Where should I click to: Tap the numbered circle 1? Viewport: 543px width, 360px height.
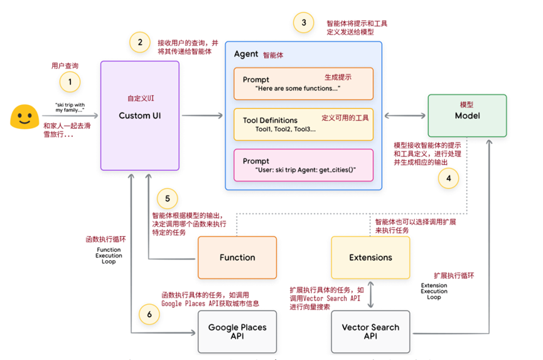coord(70,82)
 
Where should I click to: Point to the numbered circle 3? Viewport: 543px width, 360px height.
coord(304,23)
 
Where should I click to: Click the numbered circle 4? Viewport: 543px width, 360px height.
coord(448,178)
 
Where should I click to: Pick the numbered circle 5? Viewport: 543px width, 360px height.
coord(167,199)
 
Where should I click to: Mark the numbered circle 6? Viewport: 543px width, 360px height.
coord(148,314)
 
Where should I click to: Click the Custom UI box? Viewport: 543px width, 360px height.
coord(140,116)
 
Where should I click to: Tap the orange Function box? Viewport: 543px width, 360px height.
coord(237,257)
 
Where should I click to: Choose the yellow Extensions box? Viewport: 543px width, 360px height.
coord(370,257)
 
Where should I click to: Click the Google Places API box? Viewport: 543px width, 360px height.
coord(237,331)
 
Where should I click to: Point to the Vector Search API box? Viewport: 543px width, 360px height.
coord(370,331)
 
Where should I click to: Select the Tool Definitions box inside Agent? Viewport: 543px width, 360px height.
coord(303,124)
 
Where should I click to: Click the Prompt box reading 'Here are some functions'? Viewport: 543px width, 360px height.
coord(303,84)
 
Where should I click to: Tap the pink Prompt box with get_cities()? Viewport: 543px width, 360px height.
coord(303,165)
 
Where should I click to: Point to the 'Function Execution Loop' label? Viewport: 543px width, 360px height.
coord(109,256)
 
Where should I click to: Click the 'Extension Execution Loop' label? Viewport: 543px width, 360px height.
coord(434,291)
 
